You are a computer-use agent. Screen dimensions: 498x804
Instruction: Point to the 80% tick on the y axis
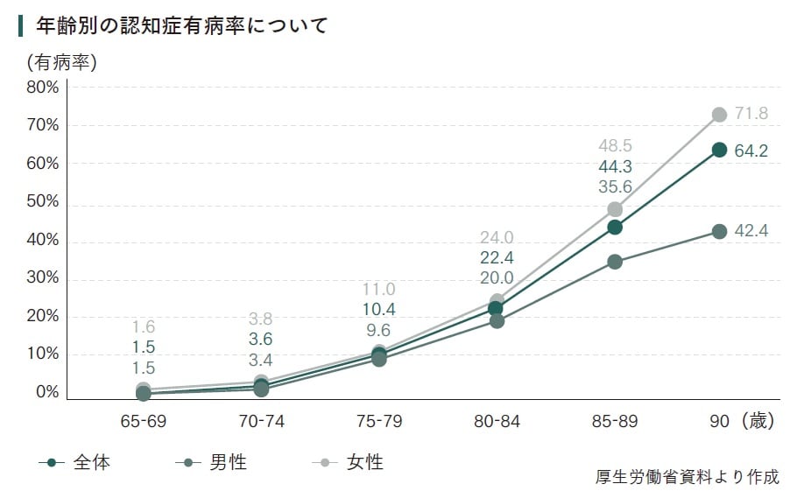point(43,88)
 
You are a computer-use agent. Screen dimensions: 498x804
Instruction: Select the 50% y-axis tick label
point(43,201)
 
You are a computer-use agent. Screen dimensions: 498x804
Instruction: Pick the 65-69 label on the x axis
point(144,422)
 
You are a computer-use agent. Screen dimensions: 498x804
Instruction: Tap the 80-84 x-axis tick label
point(497,422)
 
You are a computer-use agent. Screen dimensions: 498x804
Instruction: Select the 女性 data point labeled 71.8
point(719,115)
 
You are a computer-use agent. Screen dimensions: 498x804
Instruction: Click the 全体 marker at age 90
point(719,150)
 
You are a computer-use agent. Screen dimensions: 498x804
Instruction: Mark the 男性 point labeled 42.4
point(719,232)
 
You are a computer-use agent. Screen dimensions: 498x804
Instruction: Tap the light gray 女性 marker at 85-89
point(615,210)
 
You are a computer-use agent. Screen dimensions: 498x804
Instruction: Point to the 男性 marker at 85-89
point(615,262)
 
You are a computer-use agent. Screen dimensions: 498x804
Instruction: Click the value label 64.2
point(751,151)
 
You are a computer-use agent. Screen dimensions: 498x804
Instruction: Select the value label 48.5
point(616,146)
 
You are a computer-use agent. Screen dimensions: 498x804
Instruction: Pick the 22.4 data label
point(497,258)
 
